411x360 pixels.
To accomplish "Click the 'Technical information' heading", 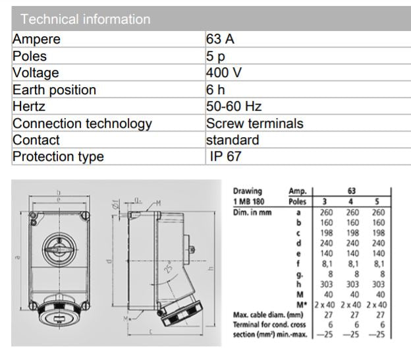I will [82, 19].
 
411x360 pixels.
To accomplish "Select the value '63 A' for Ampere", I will [221, 40].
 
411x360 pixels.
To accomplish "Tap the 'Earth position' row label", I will [55, 90].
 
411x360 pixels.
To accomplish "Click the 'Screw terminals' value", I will [255, 123].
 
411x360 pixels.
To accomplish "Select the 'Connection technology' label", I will [82, 123].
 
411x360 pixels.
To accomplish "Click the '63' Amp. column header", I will [352, 191].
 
